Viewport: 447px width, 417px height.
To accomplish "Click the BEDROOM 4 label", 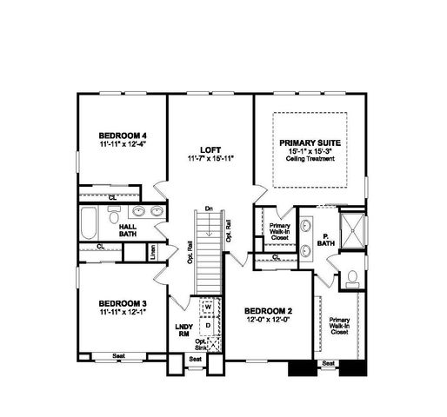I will click(122, 135).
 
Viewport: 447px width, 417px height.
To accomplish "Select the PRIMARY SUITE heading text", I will click(310, 142).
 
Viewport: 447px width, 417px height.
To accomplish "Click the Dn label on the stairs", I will click(209, 208).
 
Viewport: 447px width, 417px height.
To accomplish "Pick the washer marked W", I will click(208, 307).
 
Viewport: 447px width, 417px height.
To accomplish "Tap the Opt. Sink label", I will click(201, 343).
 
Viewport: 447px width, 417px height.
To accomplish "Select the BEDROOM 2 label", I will click(268, 311).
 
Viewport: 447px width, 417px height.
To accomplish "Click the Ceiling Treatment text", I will click(309, 159).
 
